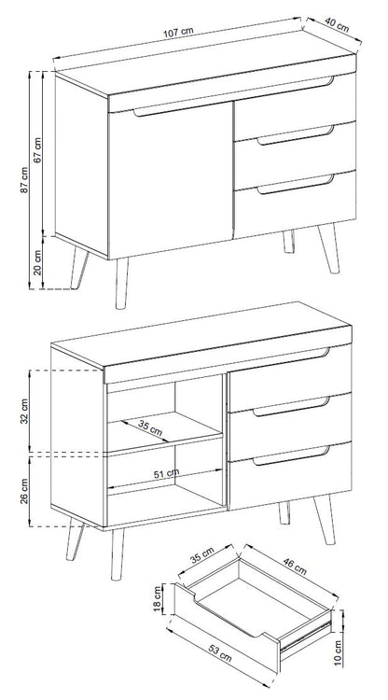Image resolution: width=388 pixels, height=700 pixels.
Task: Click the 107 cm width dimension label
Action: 178,32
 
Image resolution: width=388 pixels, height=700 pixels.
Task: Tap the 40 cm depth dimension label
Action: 337,25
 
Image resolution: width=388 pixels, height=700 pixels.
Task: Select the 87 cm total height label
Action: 24,180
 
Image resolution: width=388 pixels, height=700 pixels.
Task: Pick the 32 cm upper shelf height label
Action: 24,411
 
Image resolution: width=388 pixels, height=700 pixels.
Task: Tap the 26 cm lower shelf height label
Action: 24,491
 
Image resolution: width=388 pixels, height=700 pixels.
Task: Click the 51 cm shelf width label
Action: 166,473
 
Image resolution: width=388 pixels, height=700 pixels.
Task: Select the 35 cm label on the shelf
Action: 150,428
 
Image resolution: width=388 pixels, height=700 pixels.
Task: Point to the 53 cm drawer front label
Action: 220,653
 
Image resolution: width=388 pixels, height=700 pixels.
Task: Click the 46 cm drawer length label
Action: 295,566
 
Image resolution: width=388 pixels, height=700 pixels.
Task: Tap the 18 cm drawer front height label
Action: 157,598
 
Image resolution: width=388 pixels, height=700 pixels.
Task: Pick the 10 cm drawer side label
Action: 338,653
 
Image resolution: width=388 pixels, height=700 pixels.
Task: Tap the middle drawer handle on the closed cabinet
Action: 296,135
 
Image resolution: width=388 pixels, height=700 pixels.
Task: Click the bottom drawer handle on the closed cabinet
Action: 296,185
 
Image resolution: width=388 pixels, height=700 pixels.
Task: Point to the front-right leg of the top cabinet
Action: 328,248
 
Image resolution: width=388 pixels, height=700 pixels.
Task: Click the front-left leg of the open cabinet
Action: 118,555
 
